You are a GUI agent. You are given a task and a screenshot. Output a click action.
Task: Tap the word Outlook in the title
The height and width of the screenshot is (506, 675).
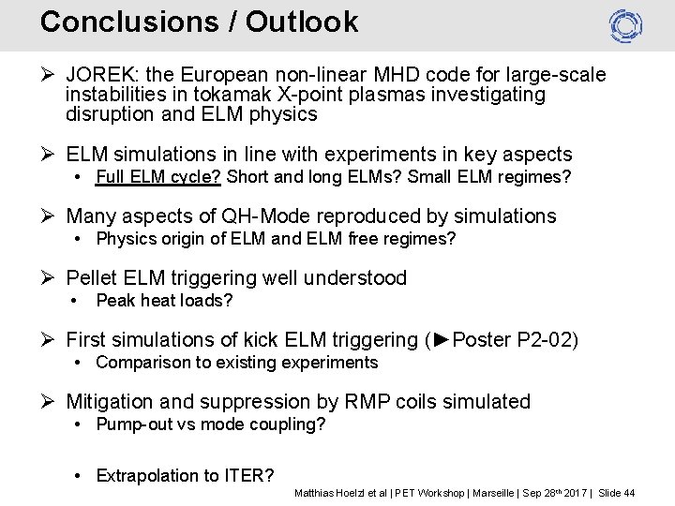302,22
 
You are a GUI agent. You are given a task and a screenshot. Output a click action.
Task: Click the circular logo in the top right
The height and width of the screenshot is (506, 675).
625,25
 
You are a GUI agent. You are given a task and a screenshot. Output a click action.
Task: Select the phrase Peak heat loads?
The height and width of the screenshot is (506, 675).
164,301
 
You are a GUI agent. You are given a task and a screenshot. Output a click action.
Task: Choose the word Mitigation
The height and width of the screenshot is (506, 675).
110,402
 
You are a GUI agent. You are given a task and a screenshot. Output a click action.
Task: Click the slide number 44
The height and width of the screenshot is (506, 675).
629,493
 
